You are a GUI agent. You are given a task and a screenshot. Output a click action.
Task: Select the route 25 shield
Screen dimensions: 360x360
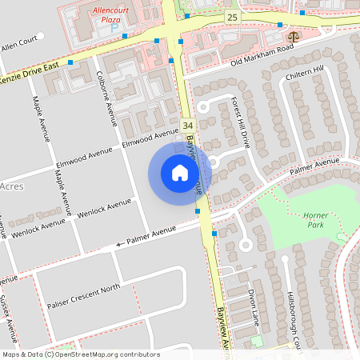coord(231,17)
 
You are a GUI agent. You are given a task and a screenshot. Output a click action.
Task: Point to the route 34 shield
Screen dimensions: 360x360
coord(187,126)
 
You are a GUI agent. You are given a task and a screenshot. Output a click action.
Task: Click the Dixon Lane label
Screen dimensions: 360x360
coord(252,306)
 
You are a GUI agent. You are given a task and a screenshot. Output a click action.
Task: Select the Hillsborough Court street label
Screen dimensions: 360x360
coord(293,316)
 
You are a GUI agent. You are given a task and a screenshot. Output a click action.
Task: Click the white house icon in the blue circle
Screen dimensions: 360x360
coord(180,172)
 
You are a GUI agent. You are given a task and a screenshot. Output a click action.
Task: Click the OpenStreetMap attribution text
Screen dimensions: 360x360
coord(82,354)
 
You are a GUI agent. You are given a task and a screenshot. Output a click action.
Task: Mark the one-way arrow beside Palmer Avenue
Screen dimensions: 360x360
coord(121,243)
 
